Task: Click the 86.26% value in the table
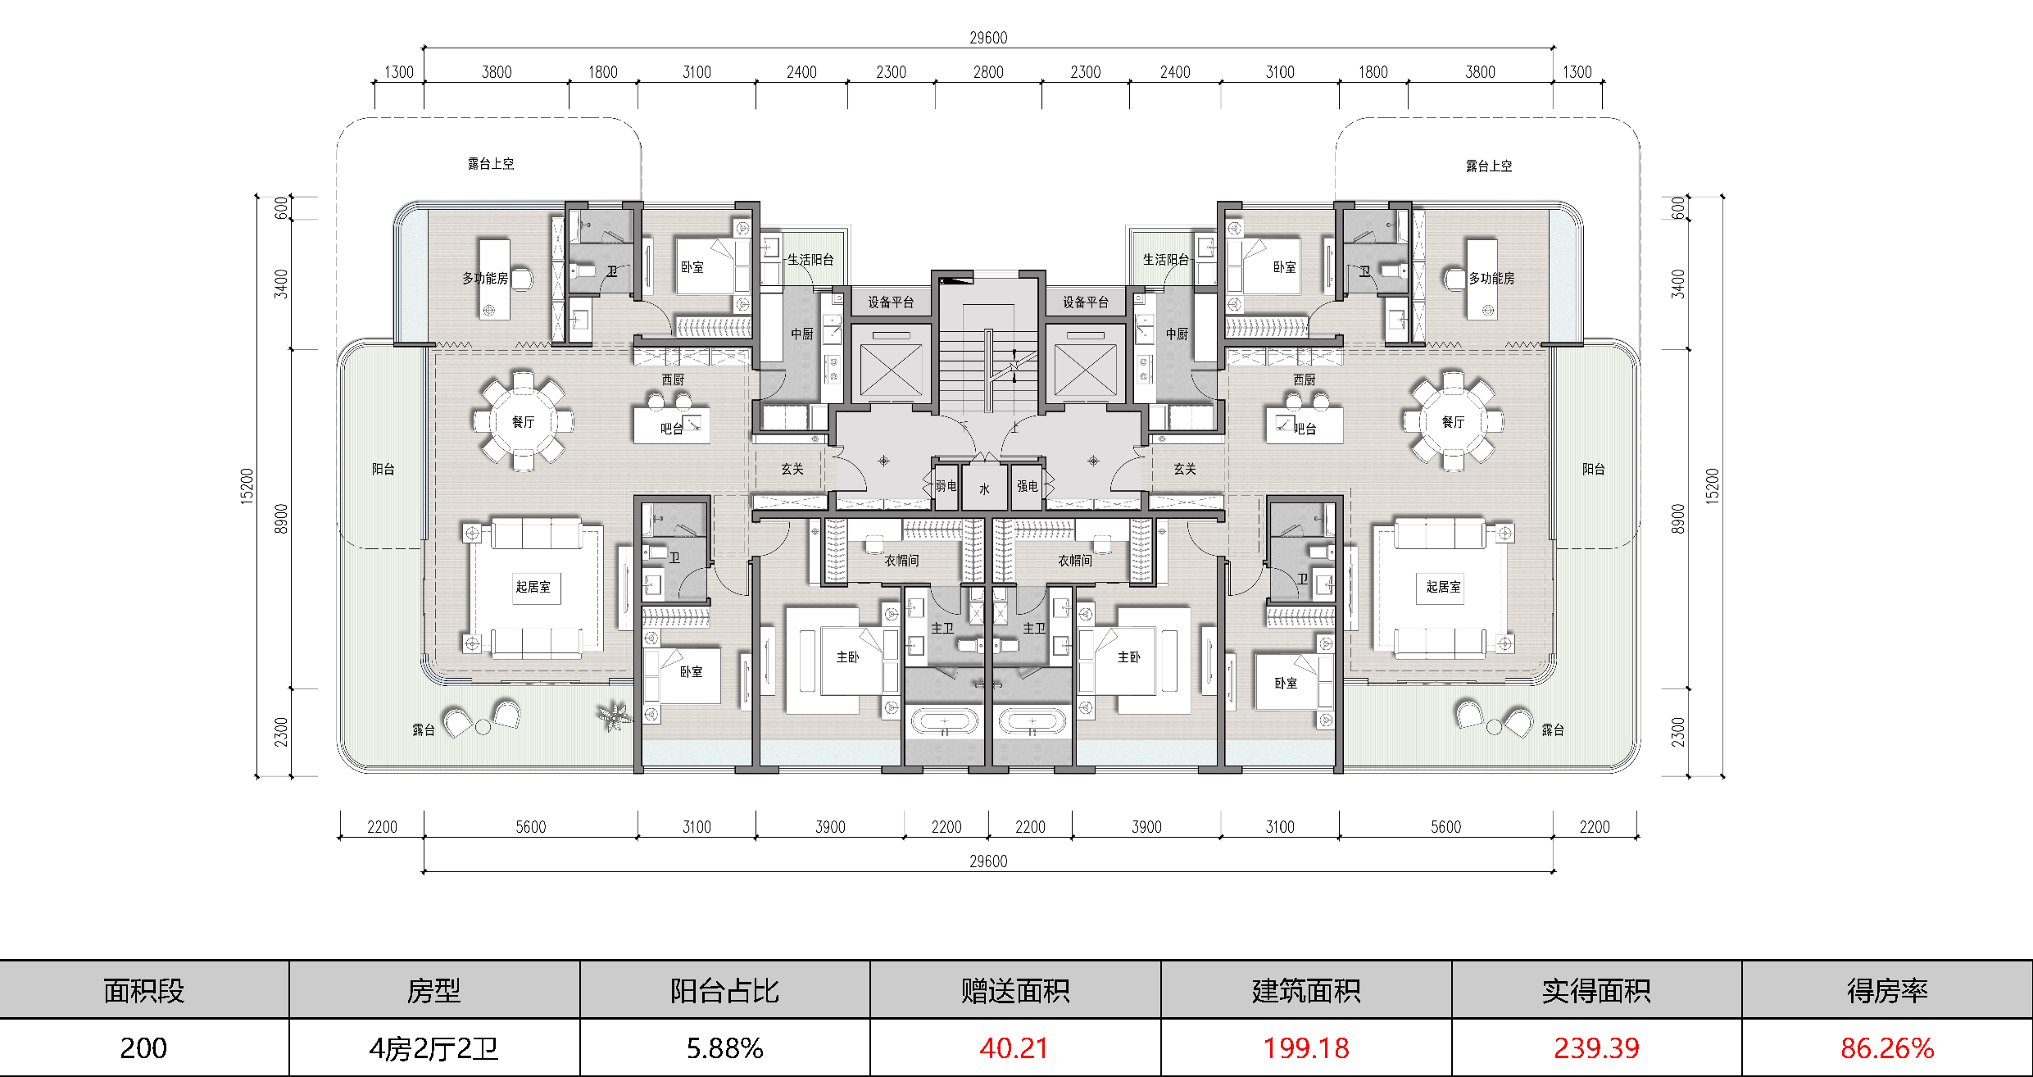[x=1887, y=1048]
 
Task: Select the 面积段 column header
[x=144, y=991]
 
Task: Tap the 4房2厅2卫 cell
[x=433, y=1048]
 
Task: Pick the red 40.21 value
[x=1014, y=1048]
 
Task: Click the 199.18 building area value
[x=1306, y=1048]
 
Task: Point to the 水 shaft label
[x=984, y=489]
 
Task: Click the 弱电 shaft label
[x=946, y=486]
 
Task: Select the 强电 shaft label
[x=1028, y=486]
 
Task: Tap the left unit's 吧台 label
[x=672, y=429]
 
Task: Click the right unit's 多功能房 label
[x=1491, y=278]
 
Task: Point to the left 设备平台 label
[x=891, y=302]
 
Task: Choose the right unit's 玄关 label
[x=1185, y=469]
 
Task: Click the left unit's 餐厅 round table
[x=524, y=422]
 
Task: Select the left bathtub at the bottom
[x=945, y=723]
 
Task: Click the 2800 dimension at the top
[x=988, y=72]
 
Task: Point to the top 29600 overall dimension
[x=988, y=38]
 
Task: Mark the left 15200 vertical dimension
[x=247, y=486]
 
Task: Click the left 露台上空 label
[x=491, y=164]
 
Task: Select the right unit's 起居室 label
[x=1444, y=587]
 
